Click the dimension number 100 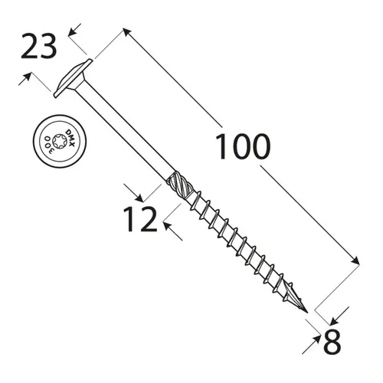(242, 147)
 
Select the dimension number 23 (38, 48)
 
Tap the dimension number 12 (140, 219)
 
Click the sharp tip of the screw (307, 313)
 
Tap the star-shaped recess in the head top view (55, 141)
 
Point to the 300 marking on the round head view (46, 143)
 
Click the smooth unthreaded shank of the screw (126, 130)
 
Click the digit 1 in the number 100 (221, 147)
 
